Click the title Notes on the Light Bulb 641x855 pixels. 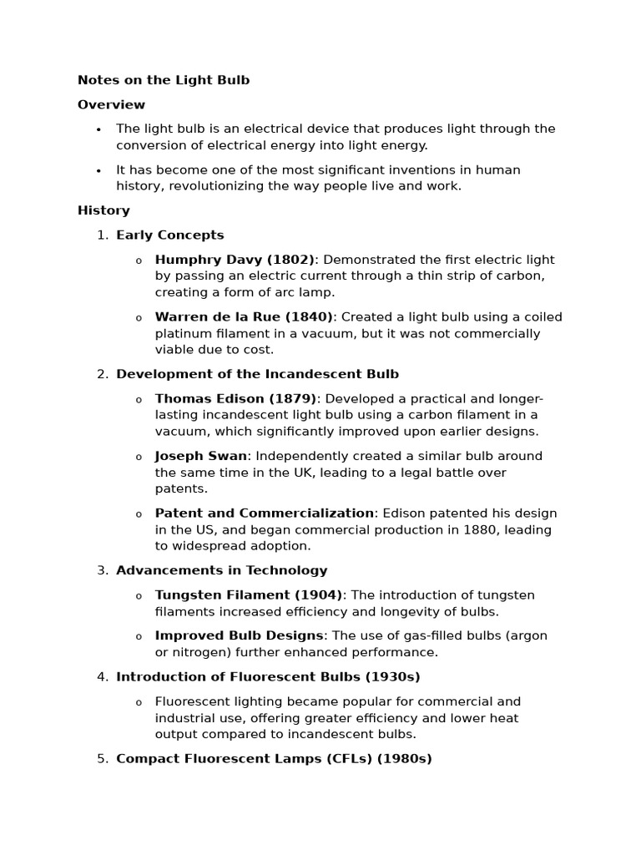tap(164, 80)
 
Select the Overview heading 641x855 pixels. tap(111, 105)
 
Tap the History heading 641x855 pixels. tap(103, 210)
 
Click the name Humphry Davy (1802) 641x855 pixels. tap(235, 260)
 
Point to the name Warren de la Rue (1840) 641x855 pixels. tap(244, 317)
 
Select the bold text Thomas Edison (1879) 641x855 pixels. tap(235, 399)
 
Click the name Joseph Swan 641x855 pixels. tap(200, 456)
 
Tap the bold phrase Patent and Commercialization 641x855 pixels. tap(264, 514)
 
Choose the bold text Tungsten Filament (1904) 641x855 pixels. tap(249, 595)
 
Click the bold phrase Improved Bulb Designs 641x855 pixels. tap(239, 636)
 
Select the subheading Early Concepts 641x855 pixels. tap(170, 235)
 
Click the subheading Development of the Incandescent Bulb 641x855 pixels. tap(257, 374)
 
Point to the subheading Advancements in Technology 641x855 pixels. tap(221, 571)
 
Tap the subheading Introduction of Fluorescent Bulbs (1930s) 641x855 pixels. tap(268, 677)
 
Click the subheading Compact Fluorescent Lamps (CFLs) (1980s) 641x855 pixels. tap(274, 759)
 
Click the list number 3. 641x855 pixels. tap(102, 571)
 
